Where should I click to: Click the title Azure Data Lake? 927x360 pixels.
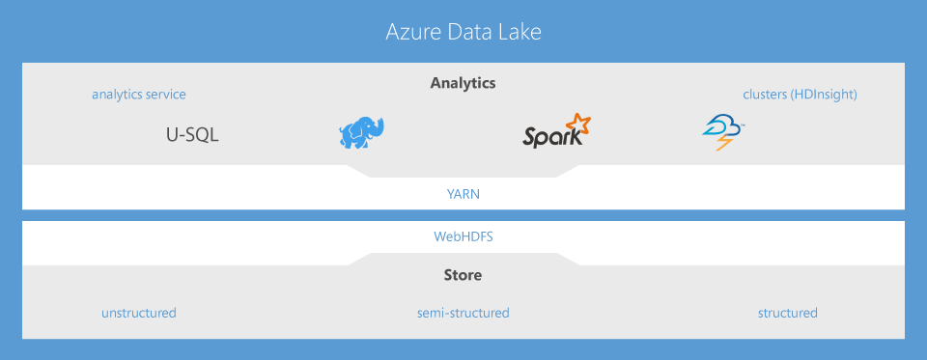[x=463, y=32]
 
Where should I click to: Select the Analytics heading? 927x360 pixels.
[x=463, y=83]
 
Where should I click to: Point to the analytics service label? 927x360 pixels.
[x=139, y=95]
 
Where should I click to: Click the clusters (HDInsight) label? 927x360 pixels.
[x=800, y=95]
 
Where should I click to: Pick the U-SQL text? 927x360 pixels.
[x=192, y=135]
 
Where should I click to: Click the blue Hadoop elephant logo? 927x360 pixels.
[x=361, y=133]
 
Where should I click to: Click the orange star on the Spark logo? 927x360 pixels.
[x=577, y=124]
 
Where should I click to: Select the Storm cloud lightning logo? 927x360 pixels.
[x=723, y=133]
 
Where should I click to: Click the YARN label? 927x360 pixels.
[x=463, y=193]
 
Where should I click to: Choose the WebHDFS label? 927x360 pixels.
[x=463, y=235]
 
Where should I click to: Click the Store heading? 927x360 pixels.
[x=463, y=276]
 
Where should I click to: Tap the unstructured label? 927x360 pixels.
[x=139, y=313]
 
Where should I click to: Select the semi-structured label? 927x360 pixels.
[x=463, y=313]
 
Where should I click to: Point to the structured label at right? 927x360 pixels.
[x=787, y=313]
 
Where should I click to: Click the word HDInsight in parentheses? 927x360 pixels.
[x=823, y=95]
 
